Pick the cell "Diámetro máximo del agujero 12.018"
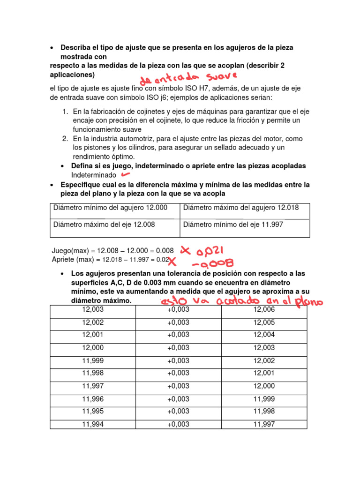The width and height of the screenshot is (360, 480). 244,208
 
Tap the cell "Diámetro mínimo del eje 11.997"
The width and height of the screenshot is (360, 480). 244,225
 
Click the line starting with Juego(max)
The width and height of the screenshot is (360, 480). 112,251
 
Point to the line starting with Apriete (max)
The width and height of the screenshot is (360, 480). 110,259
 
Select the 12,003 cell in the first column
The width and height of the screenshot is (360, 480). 93,310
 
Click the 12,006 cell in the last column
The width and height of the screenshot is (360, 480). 264,310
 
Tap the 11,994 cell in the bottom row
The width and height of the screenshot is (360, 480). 93,424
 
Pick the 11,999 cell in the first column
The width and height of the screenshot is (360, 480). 93,361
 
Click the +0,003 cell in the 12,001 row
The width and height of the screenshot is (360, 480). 178,335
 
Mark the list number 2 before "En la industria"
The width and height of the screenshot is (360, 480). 66,139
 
